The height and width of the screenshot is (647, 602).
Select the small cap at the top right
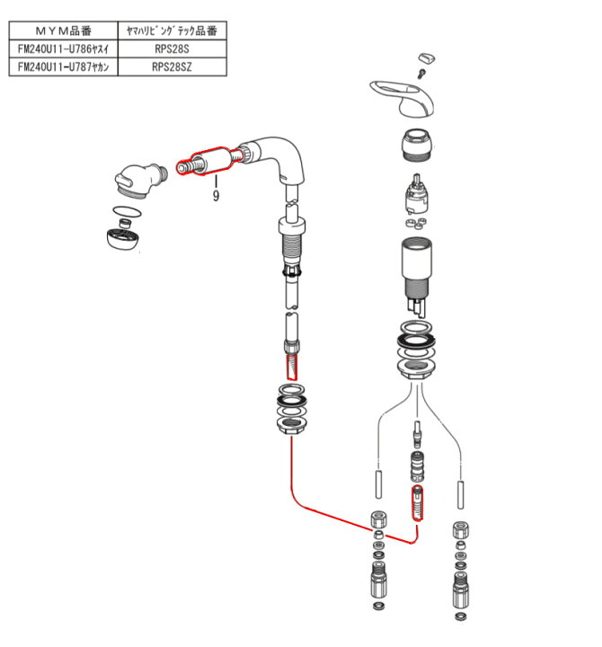pyautogui.click(x=429, y=58)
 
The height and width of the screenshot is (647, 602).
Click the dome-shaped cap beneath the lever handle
pyautogui.click(x=417, y=146)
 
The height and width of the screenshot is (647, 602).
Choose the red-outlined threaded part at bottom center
pyautogui.click(x=417, y=502)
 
